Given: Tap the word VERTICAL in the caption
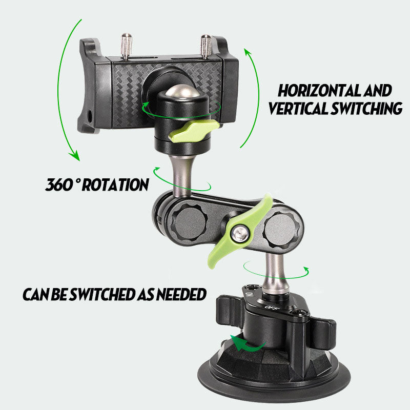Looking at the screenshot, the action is click(x=298, y=108).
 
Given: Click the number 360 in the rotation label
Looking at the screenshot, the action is click(x=59, y=184).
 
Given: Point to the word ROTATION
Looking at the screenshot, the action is click(x=115, y=184).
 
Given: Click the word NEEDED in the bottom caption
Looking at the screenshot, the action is click(x=181, y=294).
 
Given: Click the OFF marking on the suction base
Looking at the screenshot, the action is click(x=271, y=307).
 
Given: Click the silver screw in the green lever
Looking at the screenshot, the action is click(x=241, y=233).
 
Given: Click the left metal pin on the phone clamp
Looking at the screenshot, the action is click(x=126, y=46).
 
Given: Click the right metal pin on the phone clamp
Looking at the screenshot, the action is click(x=206, y=47).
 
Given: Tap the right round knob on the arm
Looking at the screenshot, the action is click(x=281, y=230).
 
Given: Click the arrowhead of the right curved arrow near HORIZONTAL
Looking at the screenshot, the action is click(x=249, y=53).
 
